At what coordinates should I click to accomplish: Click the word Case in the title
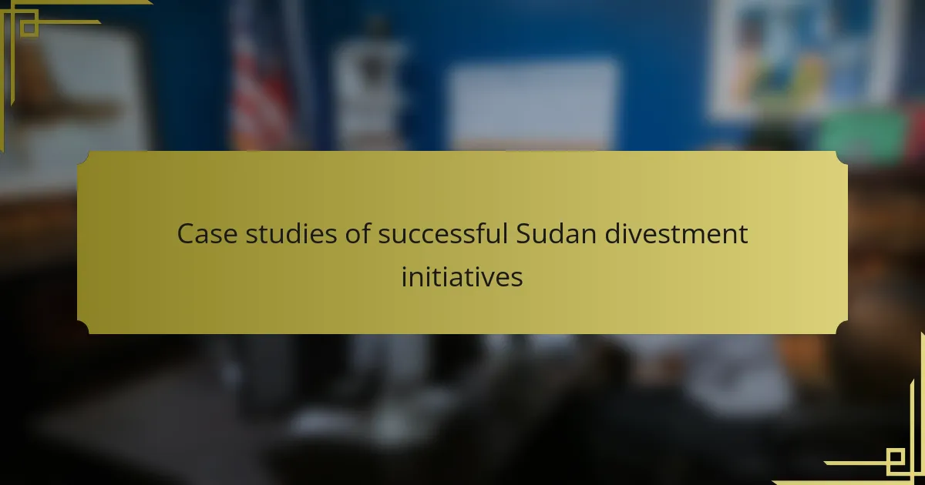(x=207, y=234)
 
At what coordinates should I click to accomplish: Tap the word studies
(x=291, y=234)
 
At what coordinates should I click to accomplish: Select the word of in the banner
(x=358, y=233)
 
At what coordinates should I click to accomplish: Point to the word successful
(x=442, y=233)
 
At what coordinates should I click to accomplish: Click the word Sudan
(x=557, y=233)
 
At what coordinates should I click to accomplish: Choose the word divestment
(x=677, y=233)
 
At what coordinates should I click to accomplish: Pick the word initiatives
(x=462, y=276)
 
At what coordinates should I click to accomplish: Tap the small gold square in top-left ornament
(x=29, y=28)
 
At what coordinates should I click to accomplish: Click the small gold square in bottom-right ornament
(x=895, y=457)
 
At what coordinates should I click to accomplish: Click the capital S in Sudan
(x=525, y=234)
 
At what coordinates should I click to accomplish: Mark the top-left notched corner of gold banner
(x=83, y=158)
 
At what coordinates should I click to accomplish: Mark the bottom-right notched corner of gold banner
(x=842, y=327)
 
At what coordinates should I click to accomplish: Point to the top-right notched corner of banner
(x=842, y=158)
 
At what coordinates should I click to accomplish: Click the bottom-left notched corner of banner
(x=83, y=327)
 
